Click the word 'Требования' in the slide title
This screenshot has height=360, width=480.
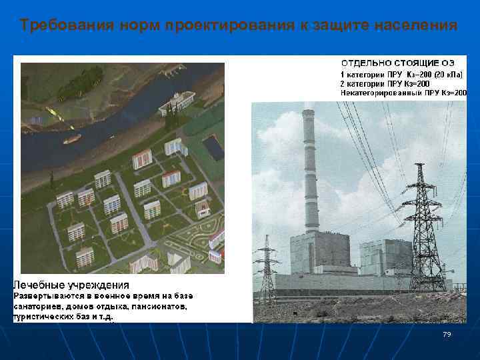click(59, 26)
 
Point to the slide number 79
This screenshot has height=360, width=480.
click(447, 334)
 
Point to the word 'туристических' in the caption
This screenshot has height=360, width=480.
click(44, 317)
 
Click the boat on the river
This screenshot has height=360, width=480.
click(72, 139)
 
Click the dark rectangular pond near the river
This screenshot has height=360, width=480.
click(213, 147)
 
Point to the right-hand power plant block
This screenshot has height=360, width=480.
click(385, 257)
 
